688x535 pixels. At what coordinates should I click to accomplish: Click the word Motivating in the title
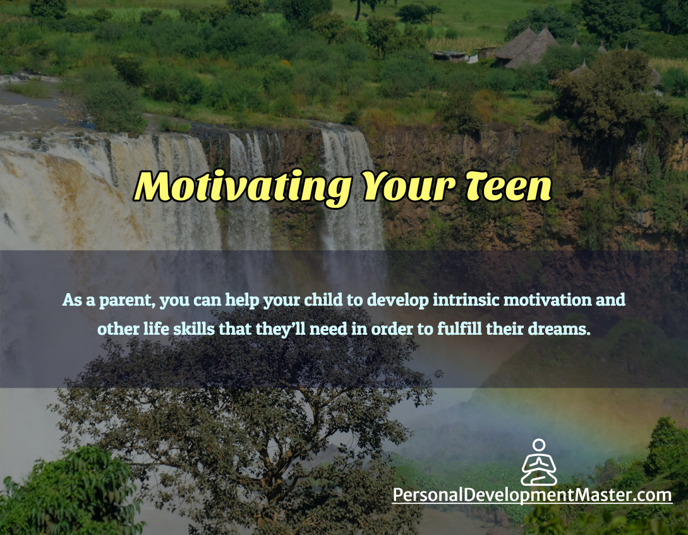click(243, 187)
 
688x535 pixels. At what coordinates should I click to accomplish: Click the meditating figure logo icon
click(539, 462)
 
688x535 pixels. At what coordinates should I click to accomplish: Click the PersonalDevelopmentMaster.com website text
click(532, 495)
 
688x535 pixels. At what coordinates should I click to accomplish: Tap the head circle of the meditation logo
click(539, 445)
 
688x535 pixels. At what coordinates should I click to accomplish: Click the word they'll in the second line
click(281, 329)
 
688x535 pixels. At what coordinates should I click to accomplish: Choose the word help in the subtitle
click(242, 301)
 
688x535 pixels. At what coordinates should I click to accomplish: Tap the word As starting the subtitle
click(72, 301)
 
